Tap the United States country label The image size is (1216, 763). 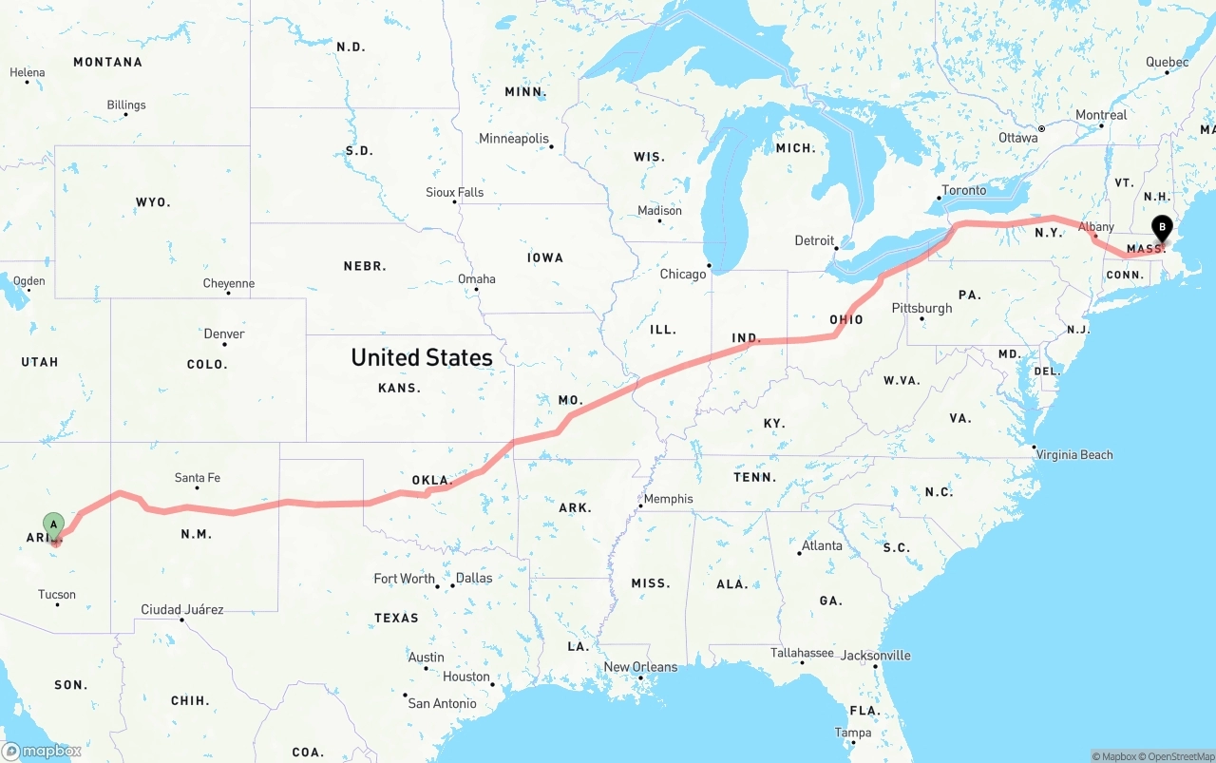422,357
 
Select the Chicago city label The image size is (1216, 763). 683,275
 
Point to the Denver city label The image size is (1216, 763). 224,334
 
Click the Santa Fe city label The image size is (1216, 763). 198,478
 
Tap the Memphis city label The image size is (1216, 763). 668,499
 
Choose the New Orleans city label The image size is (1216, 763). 641,667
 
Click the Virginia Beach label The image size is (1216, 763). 1074,455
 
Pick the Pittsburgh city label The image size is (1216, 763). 921,308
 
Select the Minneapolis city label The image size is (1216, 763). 514,139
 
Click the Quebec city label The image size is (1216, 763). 1167,63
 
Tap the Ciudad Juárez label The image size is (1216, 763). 182,609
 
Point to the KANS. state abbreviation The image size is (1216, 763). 399,388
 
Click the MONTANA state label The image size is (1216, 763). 107,62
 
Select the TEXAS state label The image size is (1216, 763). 396,618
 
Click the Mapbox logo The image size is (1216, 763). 42,751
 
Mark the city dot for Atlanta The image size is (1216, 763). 800,553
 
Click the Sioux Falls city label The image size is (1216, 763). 454,192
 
